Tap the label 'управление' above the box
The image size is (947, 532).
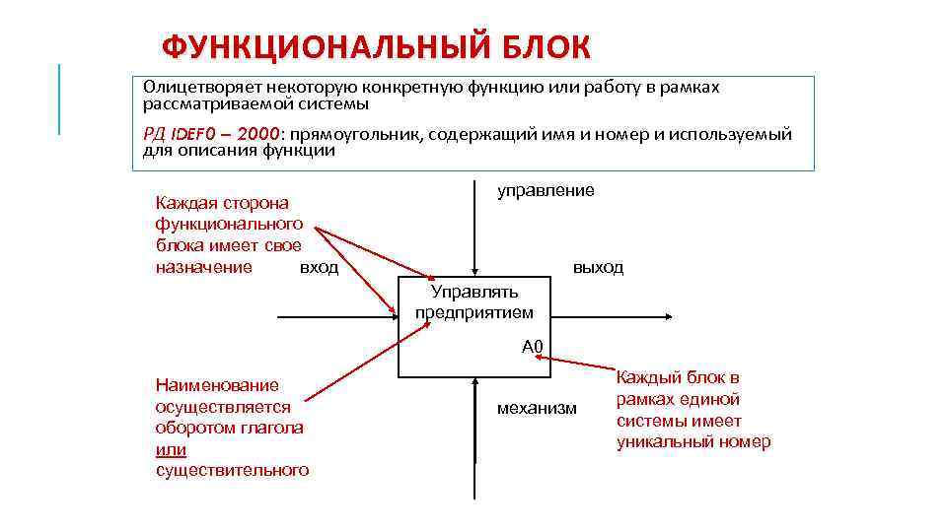click(546, 190)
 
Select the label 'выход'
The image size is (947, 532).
click(598, 268)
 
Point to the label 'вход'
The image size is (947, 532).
click(318, 267)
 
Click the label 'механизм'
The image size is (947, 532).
click(537, 408)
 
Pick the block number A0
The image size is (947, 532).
click(533, 346)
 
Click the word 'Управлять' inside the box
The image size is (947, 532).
click(474, 293)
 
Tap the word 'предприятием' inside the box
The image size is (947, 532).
click(474, 312)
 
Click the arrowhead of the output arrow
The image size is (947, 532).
click(669, 317)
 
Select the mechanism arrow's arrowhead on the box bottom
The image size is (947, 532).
click(475, 382)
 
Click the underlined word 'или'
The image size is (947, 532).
click(171, 449)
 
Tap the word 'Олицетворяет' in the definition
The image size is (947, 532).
click(192, 88)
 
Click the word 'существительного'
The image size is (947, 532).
click(232, 471)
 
